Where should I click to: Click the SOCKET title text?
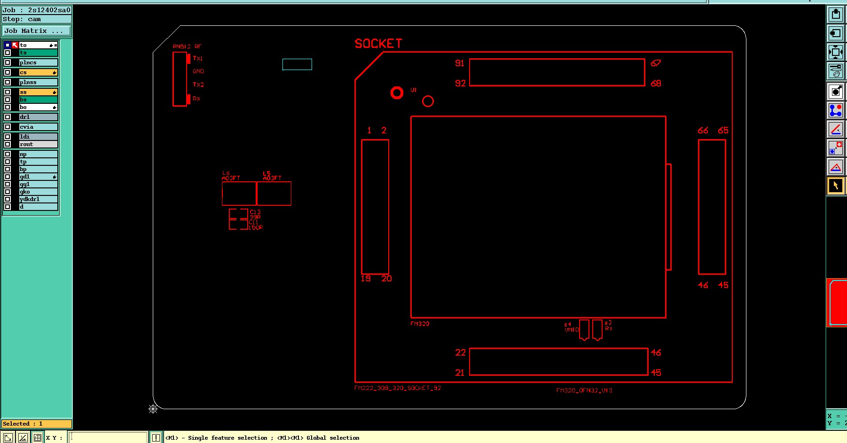pyautogui.click(x=378, y=44)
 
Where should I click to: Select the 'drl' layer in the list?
pyautogui.click(x=38, y=117)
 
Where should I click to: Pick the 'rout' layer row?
pyautogui.click(x=38, y=144)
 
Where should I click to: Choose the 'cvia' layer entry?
pyautogui.click(x=38, y=127)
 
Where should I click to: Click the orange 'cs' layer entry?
pyautogui.click(x=38, y=72)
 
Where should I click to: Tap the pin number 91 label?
pyautogui.click(x=459, y=63)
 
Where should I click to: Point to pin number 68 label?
pyautogui.click(x=656, y=83)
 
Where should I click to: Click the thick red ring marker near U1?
pyautogui.click(x=397, y=93)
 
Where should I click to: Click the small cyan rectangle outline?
pyautogui.click(x=297, y=64)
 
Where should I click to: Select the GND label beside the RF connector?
pyautogui.click(x=198, y=71)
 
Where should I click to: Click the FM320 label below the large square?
pyautogui.click(x=420, y=324)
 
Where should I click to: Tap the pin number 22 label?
pyautogui.click(x=460, y=352)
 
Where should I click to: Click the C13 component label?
pyautogui.click(x=255, y=212)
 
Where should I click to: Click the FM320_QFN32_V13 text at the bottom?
pyautogui.click(x=584, y=390)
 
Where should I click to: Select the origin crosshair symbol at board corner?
pyautogui.click(x=153, y=409)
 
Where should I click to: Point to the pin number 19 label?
pyautogui.click(x=366, y=279)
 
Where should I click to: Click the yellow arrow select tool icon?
pyautogui.click(x=835, y=186)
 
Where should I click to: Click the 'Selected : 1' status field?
pyautogui.click(x=36, y=424)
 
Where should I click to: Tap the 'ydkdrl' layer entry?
pyautogui.click(x=38, y=199)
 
